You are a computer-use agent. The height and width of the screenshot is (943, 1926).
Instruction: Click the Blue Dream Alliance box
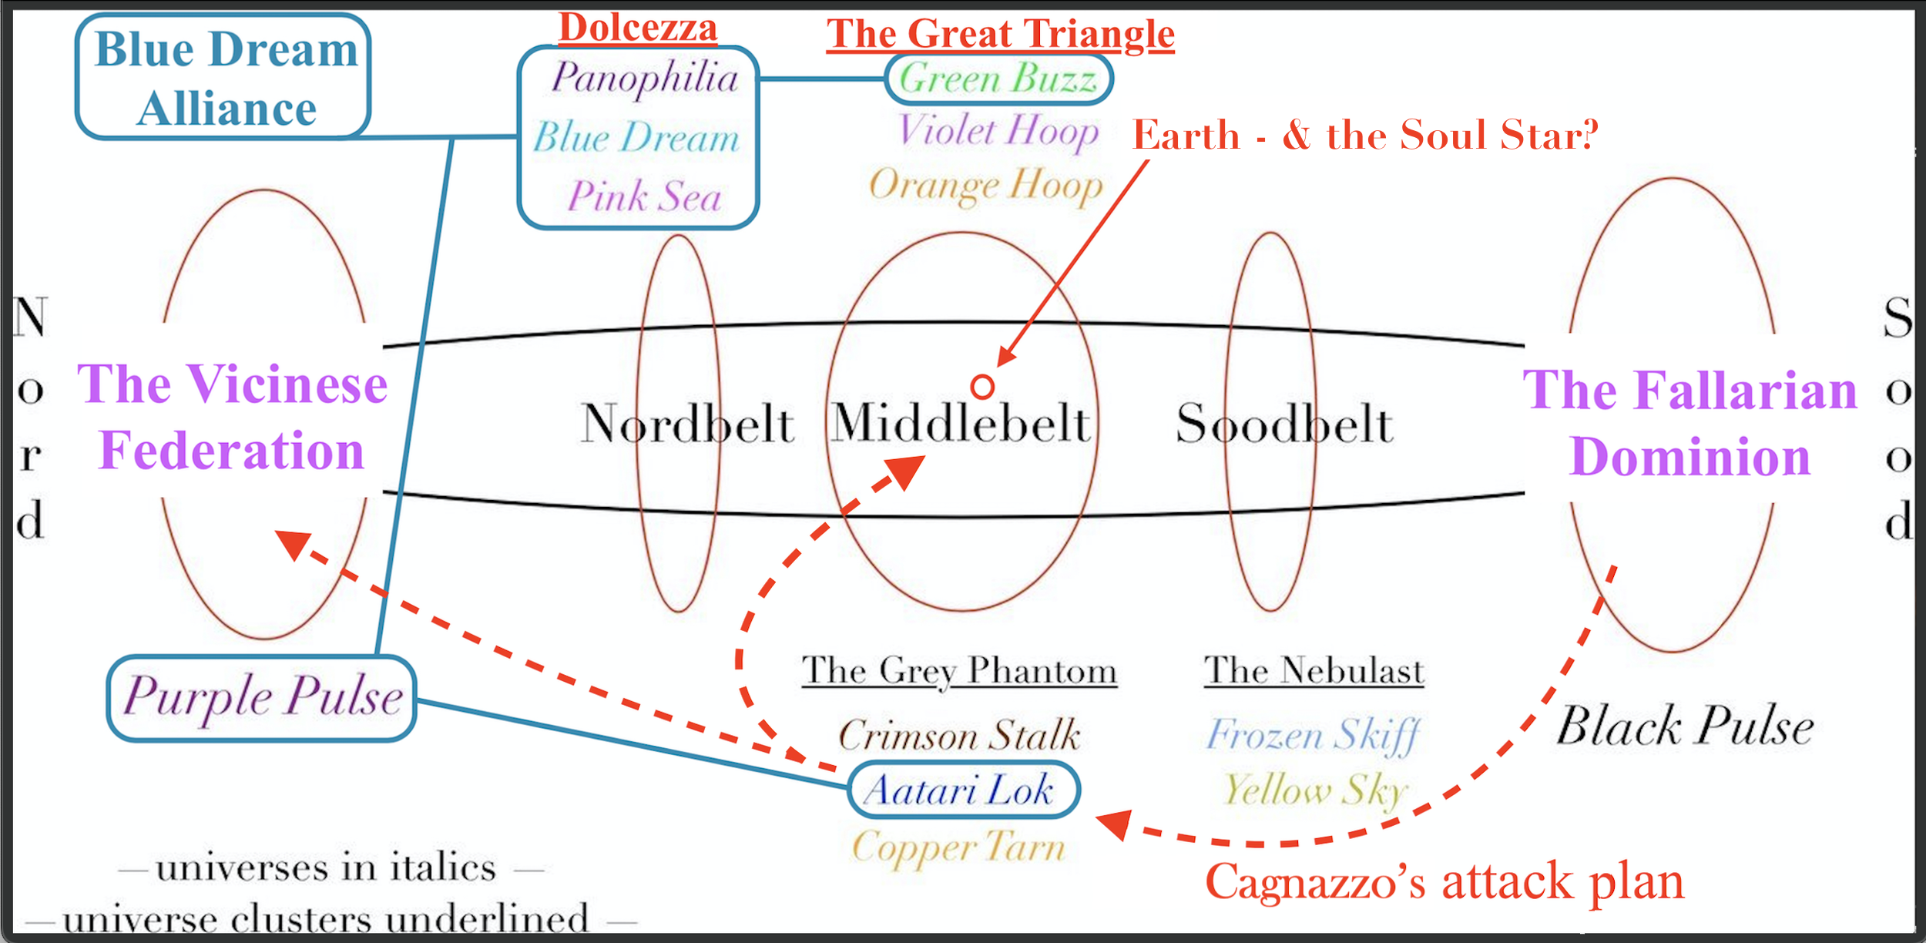pos(223,77)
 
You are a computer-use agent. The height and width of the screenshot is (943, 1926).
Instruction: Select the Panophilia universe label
pos(644,79)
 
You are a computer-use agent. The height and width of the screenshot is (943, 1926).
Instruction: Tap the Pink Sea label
pos(644,196)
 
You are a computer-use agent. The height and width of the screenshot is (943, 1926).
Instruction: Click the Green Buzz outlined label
pos(998,79)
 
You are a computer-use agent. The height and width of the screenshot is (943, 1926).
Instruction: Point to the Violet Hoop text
pos(998,131)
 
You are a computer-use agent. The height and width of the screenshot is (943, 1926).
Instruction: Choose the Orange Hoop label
pos(986,186)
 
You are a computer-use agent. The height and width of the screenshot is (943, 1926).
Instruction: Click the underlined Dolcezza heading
pos(638,29)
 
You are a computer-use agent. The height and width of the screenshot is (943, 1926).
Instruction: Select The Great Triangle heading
pos(1000,35)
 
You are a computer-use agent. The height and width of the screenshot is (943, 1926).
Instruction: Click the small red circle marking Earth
pos(982,387)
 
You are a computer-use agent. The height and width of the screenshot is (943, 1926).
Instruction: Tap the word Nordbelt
pos(687,424)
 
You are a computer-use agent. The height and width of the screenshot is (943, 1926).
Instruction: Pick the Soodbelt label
pos(1284,424)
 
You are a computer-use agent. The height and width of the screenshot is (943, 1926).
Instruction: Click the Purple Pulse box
pos(262,698)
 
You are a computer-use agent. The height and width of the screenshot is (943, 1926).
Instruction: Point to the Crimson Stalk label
pos(959,735)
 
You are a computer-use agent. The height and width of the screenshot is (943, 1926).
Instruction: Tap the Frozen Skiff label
pos(1313,735)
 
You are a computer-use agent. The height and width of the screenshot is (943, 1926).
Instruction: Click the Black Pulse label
pos(1685,727)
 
